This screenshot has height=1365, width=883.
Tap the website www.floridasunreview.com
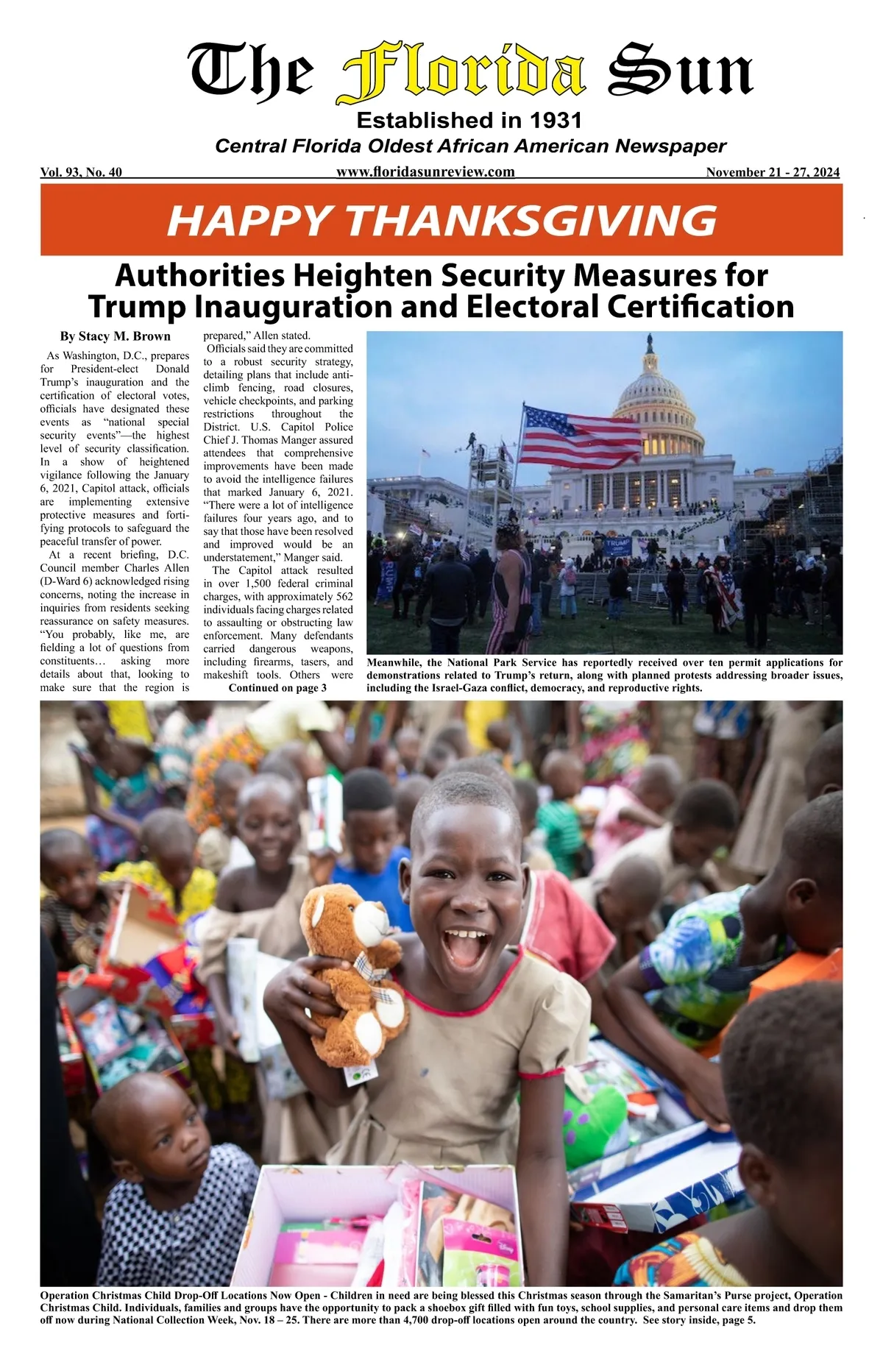pos(425,172)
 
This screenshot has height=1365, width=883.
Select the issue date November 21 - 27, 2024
pos(772,173)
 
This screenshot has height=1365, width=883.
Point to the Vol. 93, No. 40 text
pos(81,173)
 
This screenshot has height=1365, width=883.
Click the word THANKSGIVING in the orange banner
pos(530,220)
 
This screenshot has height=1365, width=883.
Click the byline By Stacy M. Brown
pos(115,337)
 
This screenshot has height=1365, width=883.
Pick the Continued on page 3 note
pos(277,688)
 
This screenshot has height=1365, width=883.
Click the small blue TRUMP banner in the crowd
pos(618,545)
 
